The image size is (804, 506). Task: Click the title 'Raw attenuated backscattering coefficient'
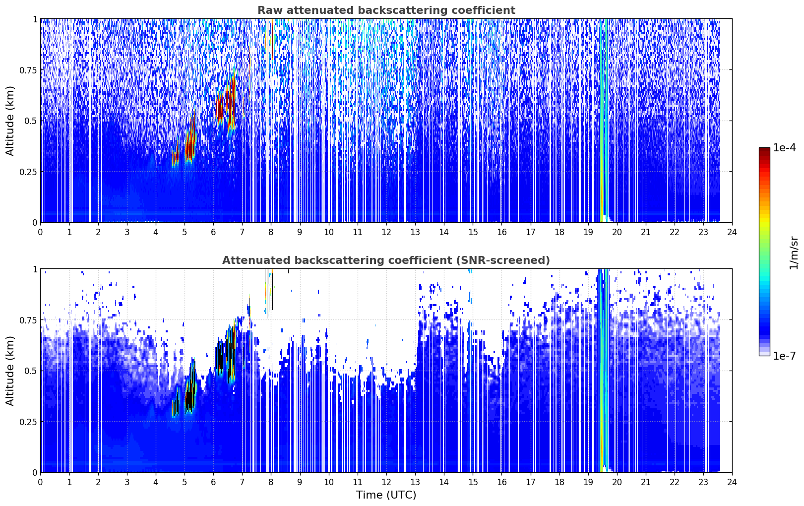[386, 10]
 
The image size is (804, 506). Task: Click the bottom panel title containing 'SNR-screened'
[386, 260]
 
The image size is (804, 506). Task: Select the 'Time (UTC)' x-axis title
[386, 495]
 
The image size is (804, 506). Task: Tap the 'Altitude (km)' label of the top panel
[10, 121]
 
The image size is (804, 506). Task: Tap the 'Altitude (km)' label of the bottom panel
[10, 371]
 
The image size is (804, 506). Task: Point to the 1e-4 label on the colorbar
[784, 147]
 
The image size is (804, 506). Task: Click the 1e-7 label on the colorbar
[784, 356]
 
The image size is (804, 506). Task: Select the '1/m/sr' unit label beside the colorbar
[794, 253]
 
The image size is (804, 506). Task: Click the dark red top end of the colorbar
[764, 149]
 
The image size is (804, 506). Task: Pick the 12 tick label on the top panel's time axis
[386, 232]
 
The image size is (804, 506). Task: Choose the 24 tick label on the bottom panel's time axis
[732, 482]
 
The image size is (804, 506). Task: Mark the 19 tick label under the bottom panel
[588, 482]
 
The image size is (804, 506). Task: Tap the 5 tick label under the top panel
[185, 232]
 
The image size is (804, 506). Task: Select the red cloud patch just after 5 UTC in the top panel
[190, 138]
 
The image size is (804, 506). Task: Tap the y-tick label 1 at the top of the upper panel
[35, 19]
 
